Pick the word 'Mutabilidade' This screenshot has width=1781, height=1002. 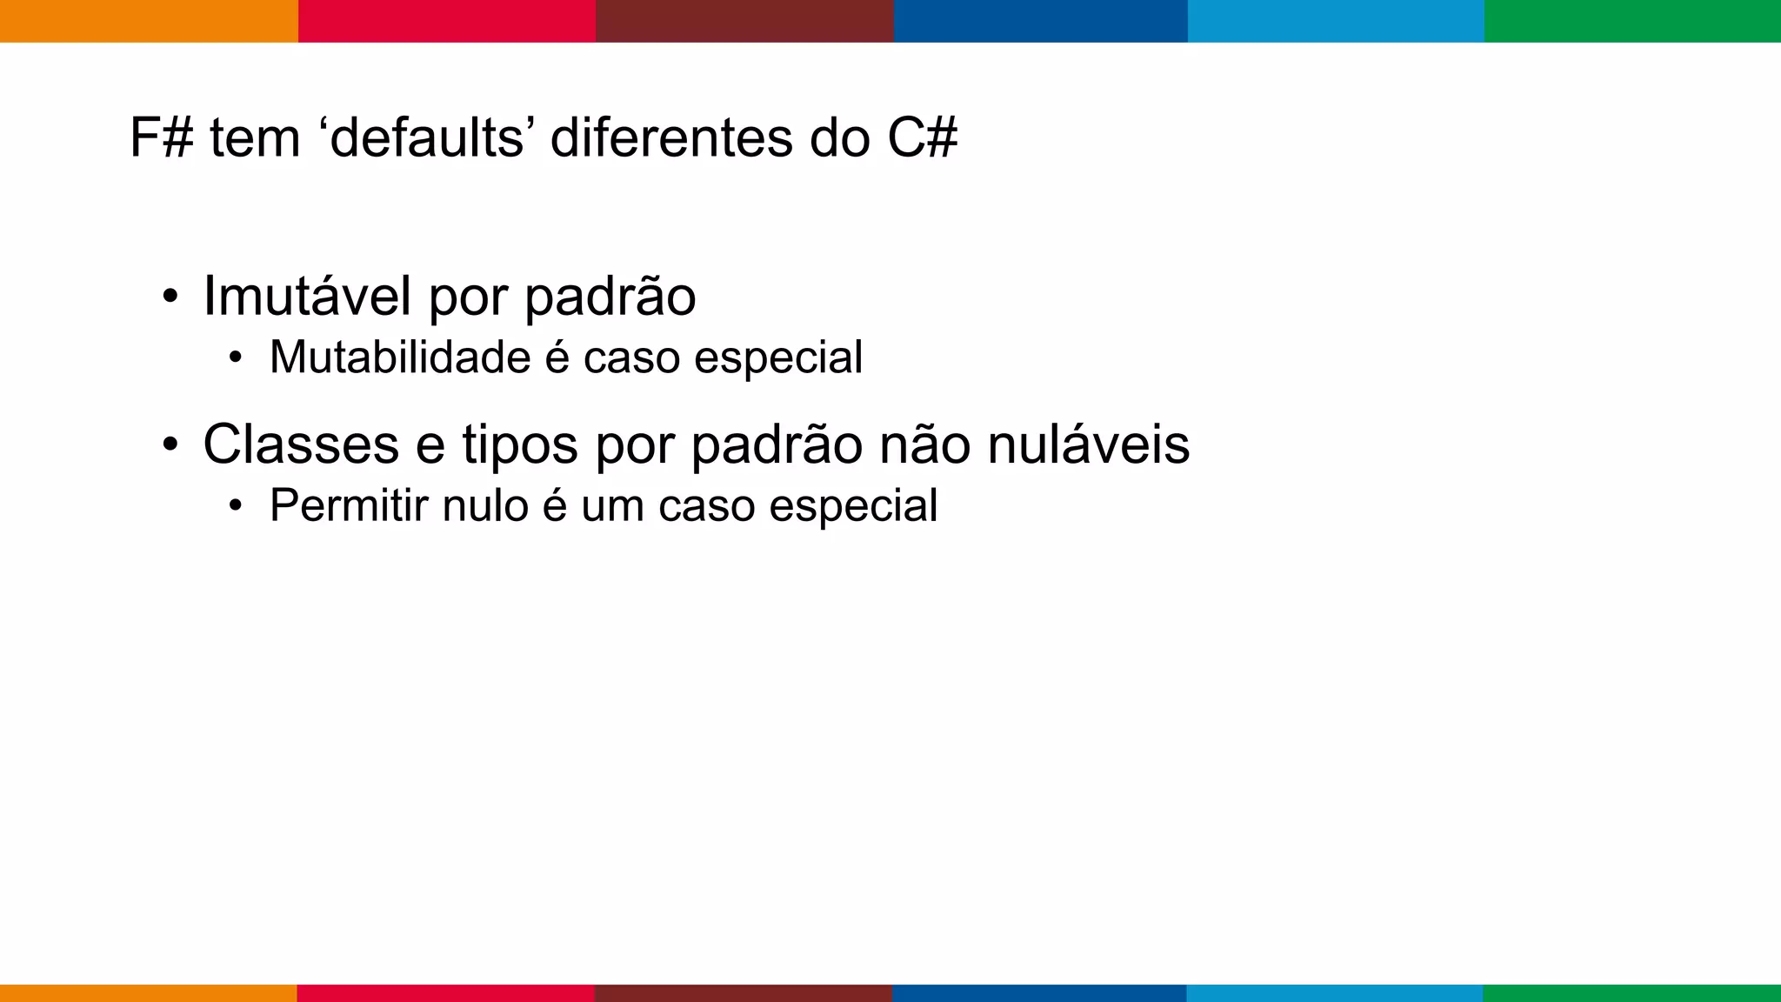(x=400, y=357)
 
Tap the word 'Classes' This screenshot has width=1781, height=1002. (x=301, y=444)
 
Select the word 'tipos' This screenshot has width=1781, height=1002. (x=519, y=444)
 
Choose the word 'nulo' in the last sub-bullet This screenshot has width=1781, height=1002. (x=484, y=505)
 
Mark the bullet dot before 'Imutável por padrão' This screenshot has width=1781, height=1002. (x=170, y=297)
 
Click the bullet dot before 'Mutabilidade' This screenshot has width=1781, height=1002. (x=235, y=358)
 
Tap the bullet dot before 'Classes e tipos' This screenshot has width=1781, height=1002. (x=170, y=446)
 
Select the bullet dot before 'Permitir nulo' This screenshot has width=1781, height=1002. (x=235, y=506)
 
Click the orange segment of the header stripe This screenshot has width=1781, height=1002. (x=149, y=21)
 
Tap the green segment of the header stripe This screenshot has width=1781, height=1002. (x=1632, y=21)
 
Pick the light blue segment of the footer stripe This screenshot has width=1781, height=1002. (x=1335, y=992)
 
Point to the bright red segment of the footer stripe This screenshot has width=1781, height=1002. (x=445, y=992)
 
